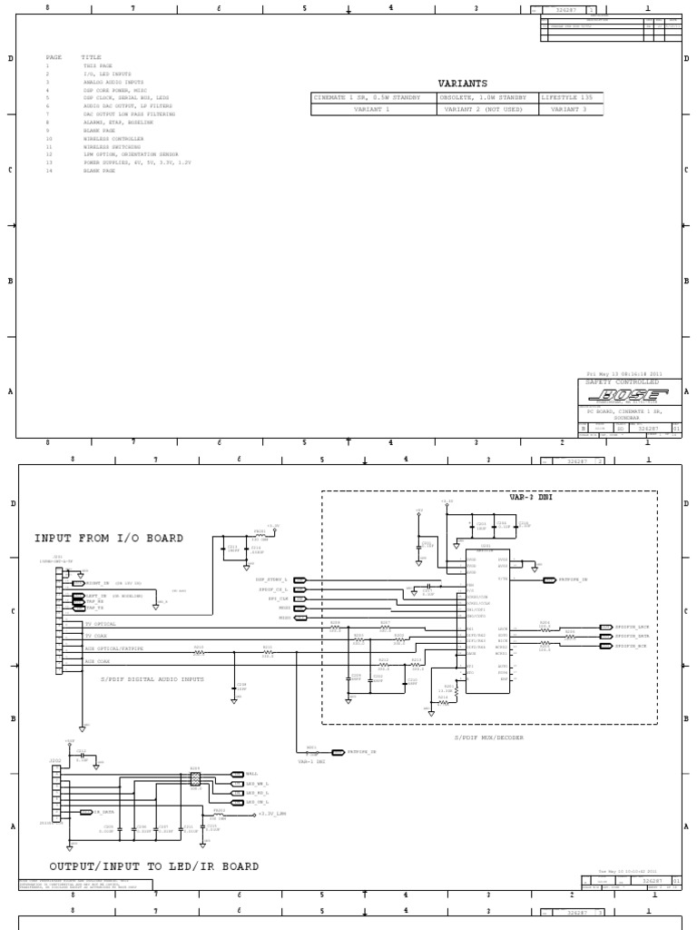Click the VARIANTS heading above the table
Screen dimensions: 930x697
coord(462,83)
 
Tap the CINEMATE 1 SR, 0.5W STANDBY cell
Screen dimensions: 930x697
coord(367,97)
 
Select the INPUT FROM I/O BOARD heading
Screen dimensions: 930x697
coord(109,538)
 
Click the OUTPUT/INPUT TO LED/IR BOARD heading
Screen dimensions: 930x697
coord(153,866)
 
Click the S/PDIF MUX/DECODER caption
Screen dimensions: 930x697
coord(489,737)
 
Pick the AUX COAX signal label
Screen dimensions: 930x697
coord(97,661)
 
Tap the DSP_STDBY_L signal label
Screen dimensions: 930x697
coord(271,579)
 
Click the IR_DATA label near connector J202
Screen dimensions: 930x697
coord(103,812)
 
